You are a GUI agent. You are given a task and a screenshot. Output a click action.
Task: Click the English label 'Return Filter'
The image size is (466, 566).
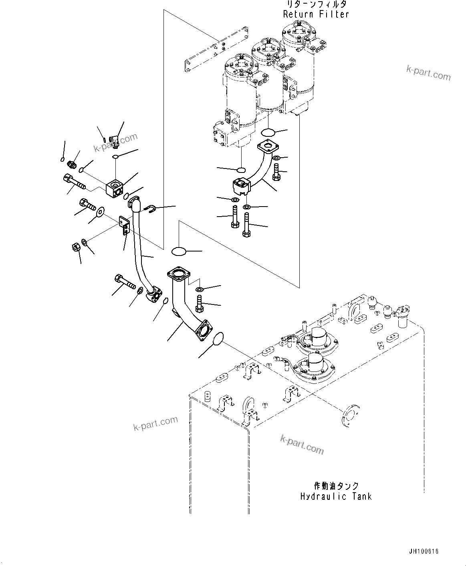tap(316, 14)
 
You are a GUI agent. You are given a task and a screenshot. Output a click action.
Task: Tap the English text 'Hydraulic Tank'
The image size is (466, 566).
tap(336, 497)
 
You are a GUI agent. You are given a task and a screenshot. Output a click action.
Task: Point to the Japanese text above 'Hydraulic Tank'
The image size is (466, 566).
tap(336, 486)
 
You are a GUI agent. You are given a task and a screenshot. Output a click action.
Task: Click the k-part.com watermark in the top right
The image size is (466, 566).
tap(428, 73)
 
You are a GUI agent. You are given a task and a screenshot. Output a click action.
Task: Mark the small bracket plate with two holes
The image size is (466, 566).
tap(124, 224)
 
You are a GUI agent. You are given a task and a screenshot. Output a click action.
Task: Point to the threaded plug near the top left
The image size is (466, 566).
tap(74, 164)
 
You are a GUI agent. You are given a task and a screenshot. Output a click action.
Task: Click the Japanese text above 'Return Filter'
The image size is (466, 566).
tap(316, 4)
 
